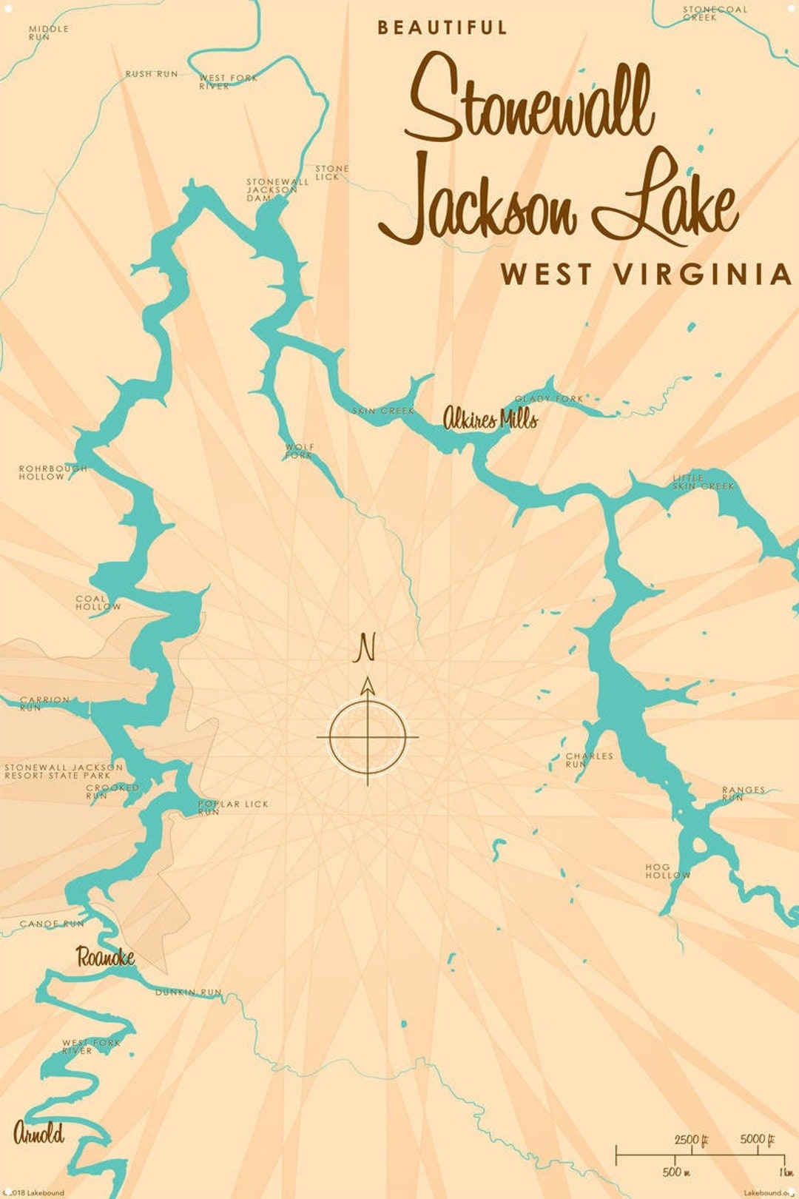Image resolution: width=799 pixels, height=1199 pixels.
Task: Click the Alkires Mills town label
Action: point(490,420)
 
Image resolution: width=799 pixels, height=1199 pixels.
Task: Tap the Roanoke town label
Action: point(106,957)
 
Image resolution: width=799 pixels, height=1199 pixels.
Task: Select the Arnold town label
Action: point(38,1133)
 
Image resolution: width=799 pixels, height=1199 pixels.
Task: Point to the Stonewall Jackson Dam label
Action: point(275,189)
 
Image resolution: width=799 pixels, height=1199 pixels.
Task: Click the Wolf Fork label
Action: point(300,451)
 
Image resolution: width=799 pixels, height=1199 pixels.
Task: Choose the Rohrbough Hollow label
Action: point(52,472)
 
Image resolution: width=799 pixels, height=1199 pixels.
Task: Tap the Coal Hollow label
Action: point(97,602)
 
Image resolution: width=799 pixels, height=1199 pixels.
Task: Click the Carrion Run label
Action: point(44,703)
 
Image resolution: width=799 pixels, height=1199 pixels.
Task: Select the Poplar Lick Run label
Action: point(232,807)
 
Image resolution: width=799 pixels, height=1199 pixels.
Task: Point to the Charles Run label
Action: point(588,759)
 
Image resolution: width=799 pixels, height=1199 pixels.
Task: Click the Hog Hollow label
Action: point(667,870)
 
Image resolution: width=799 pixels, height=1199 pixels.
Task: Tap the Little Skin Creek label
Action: point(702,483)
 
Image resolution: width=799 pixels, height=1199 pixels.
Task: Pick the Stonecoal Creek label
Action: point(713,13)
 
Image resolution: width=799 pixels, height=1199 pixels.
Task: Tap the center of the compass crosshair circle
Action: point(368,737)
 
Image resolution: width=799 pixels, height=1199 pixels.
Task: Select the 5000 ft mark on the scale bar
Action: point(757,1138)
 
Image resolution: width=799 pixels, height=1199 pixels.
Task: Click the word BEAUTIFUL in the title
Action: point(442,28)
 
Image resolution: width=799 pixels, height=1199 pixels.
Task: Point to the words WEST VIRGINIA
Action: point(645,275)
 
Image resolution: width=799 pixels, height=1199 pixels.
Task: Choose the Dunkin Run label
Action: point(188,992)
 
